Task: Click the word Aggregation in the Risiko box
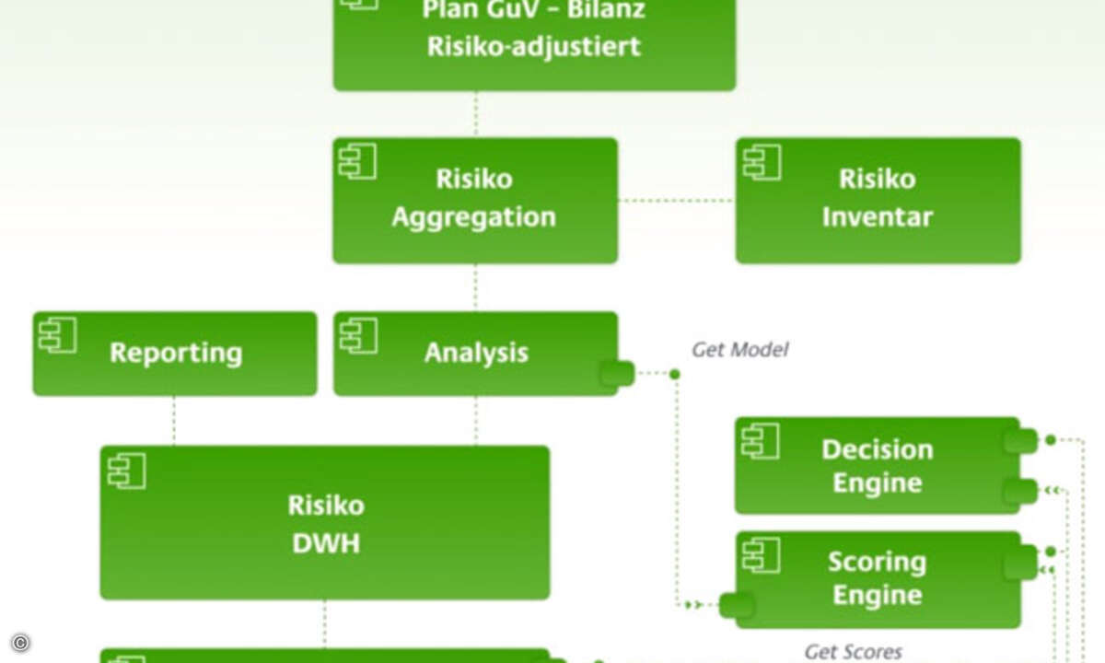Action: pyautogui.click(x=474, y=217)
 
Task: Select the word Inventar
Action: pyautogui.click(x=878, y=217)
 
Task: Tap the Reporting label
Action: pyautogui.click(x=176, y=354)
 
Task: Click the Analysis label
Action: pyautogui.click(x=476, y=354)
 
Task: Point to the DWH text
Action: pyautogui.click(x=326, y=543)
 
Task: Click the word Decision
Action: pyautogui.click(x=878, y=450)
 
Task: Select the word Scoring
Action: pyautogui.click(x=877, y=563)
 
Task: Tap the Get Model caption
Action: pyautogui.click(x=740, y=350)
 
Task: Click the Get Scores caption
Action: pyautogui.click(x=854, y=652)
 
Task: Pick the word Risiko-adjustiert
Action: pyautogui.click(x=534, y=47)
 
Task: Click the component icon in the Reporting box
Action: pyautogui.click(x=58, y=335)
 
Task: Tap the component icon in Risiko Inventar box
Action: pyautogui.click(x=762, y=162)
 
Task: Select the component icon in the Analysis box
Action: pyautogui.click(x=359, y=336)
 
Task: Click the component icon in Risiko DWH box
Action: pyautogui.click(x=127, y=471)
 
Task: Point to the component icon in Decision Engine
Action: pyautogui.click(x=761, y=441)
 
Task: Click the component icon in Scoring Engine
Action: pyautogui.click(x=762, y=555)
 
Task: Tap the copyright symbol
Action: pyautogui.click(x=20, y=643)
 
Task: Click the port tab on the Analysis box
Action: pyautogui.click(x=618, y=374)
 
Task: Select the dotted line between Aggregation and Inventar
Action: pyautogui.click(x=676, y=201)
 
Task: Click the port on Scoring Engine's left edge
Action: pyautogui.click(x=737, y=605)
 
